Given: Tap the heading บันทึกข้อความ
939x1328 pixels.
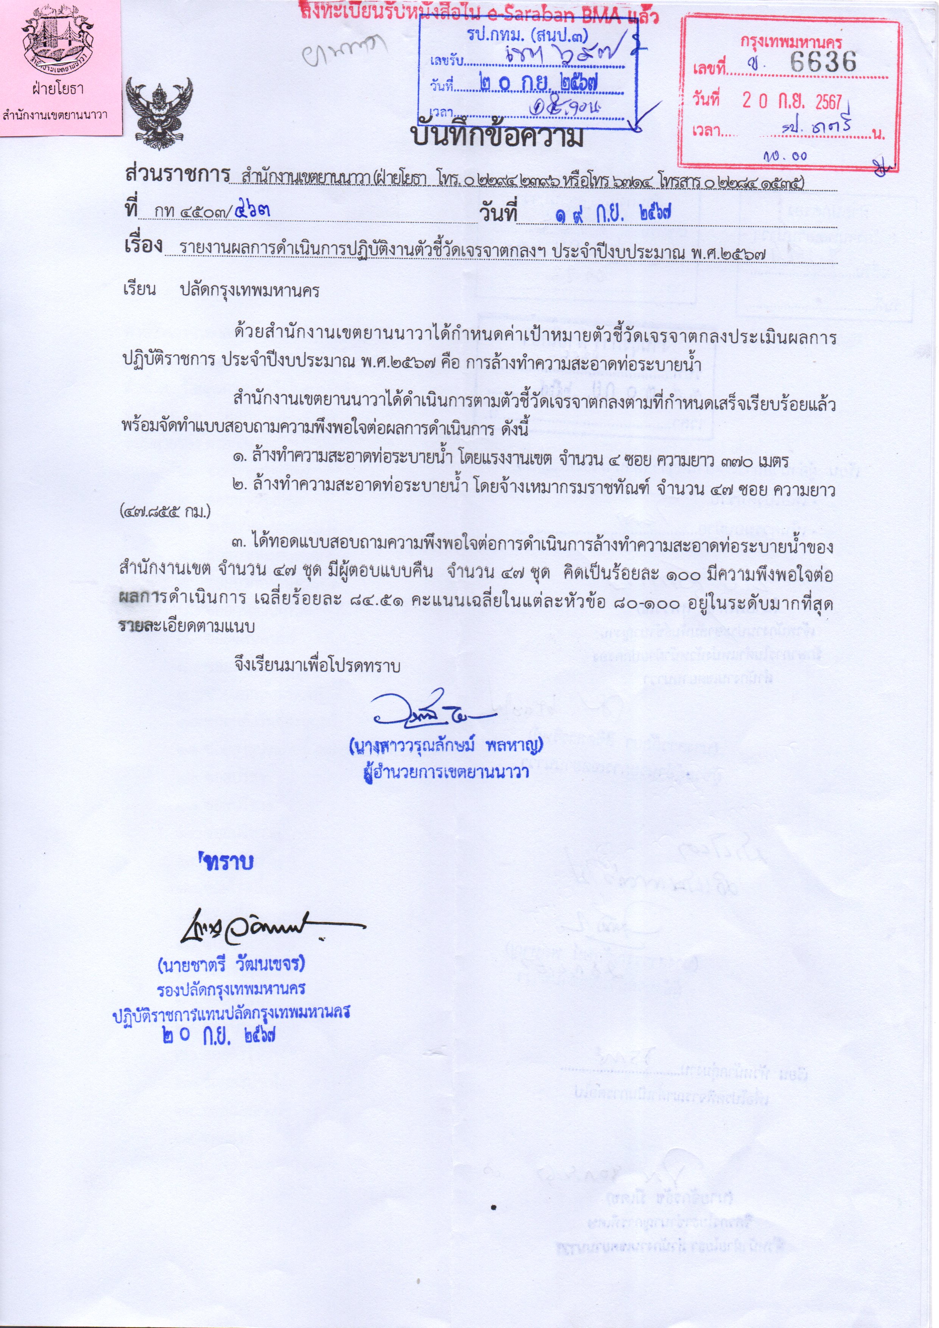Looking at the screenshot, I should click(497, 137).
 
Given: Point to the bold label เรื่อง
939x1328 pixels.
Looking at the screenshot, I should click(143, 245).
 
